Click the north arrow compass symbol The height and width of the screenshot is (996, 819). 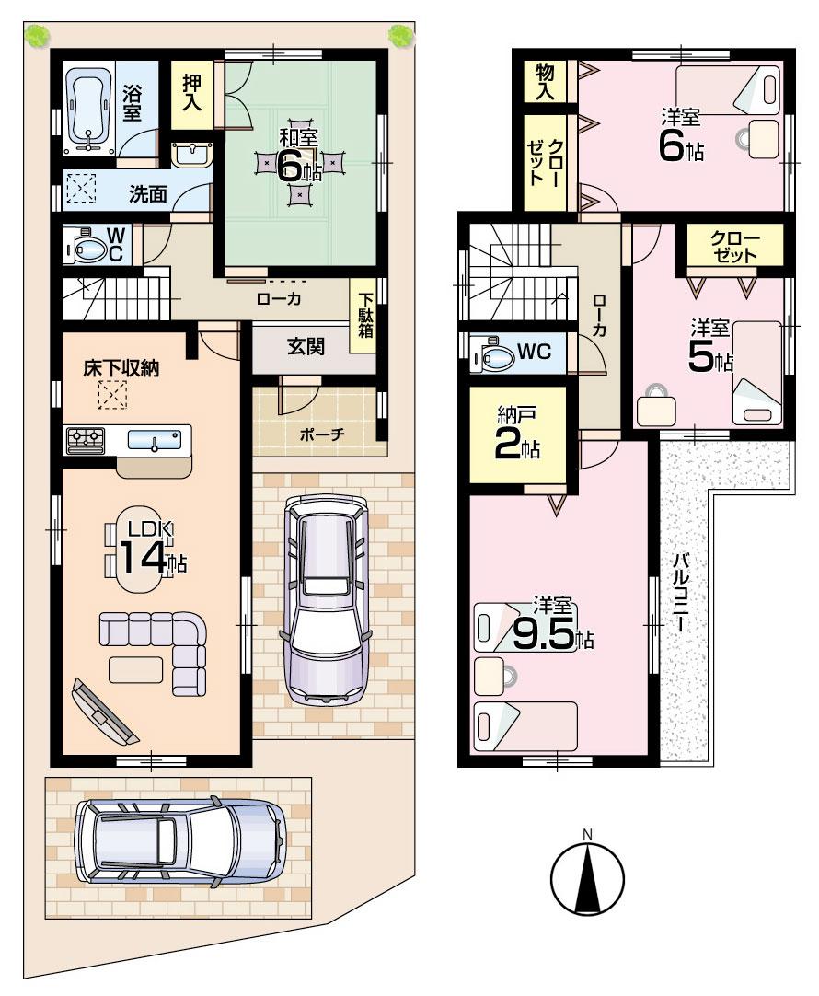(x=587, y=875)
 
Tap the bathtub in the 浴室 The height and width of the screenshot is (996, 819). (x=88, y=109)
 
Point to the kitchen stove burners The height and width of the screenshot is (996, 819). (x=84, y=440)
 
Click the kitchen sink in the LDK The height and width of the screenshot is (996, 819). (x=154, y=441)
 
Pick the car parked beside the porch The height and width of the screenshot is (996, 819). (x=327, y=597)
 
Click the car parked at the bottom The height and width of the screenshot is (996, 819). (x=180, y=841)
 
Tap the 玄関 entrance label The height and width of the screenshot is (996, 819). (x=305, y=347)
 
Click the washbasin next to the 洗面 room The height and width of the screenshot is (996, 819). (x=191, y=153)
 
